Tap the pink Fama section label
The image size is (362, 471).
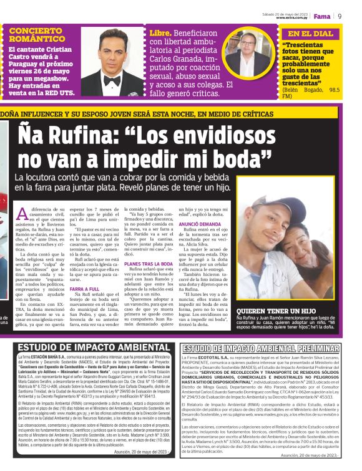(x=322, y=16)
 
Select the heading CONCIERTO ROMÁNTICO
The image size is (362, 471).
(x=36, y=34)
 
